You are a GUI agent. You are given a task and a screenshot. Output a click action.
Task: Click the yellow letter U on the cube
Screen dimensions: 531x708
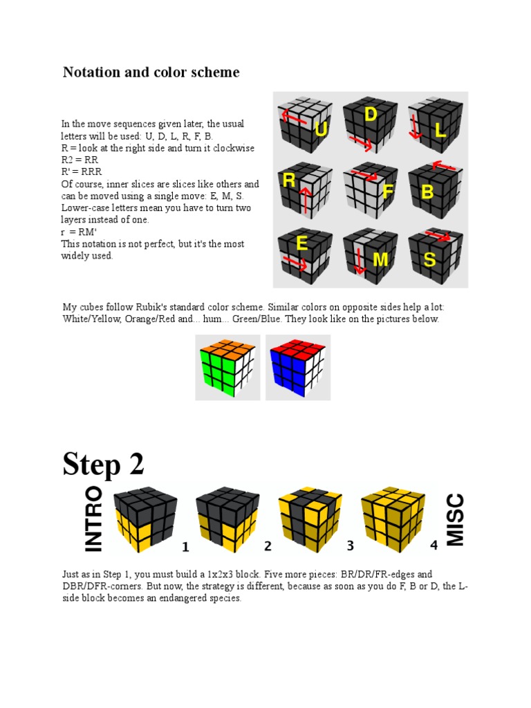tap(321, 129)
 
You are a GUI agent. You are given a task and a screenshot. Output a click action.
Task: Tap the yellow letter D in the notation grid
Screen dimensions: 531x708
tap(371, 114)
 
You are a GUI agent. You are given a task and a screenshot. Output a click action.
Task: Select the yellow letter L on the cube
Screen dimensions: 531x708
tap(440, 130)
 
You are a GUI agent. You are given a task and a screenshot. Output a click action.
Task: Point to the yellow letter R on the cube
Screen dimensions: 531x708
tap(289, 180)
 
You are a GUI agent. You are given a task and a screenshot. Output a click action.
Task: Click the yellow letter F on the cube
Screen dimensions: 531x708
tap(388, 192)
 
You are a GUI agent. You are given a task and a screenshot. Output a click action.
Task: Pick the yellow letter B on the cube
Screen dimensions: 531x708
tap(427, 192)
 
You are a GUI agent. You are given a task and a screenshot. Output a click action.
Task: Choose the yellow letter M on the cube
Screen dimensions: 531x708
tap(380, 260)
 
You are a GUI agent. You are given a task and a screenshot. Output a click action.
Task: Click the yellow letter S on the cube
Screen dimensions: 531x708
tap(429, 260)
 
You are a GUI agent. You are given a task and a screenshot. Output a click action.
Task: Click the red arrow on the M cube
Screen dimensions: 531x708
tap(360, 261)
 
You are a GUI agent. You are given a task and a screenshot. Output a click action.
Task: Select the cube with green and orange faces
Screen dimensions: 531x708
tap(227, 368)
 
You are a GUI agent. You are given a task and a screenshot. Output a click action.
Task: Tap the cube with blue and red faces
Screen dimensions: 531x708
tap(298, 368)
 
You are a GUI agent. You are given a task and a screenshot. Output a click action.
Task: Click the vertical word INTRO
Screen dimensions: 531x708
tap(93, 519)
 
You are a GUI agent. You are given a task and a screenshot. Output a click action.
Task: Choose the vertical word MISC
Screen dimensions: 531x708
tap(455, 520)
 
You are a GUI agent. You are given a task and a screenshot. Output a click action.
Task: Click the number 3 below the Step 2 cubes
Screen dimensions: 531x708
tap(350, 546)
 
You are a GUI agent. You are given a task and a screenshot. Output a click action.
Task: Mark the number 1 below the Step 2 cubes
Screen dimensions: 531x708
tap(185, 547)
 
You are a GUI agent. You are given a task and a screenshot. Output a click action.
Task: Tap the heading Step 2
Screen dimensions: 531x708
tap(103, 465)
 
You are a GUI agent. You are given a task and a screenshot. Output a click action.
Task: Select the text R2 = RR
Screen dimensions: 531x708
tap(80, 160)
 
